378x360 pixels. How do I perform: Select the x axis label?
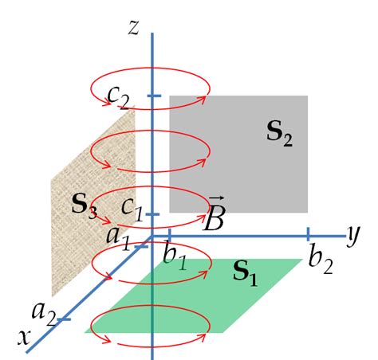[24, 338]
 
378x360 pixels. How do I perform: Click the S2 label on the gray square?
[279, 135]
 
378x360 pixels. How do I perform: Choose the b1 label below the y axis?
[176, 257]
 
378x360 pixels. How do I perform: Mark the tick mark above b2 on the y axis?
[308, 234]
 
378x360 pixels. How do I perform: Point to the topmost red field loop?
[150, 84]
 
